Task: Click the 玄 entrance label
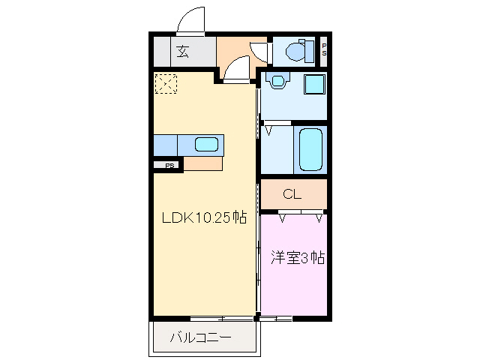click(183, 52)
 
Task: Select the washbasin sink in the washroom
click(277, 80)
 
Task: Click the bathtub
click(310, 148)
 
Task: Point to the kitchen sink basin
click(205, 145)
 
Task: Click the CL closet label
click(292, 195)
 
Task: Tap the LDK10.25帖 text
click(205, 218)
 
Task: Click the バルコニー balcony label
click(199, 338)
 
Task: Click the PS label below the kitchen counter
click(169, 166)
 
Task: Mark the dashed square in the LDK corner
click(166, 83)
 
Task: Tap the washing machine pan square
click(314, 83)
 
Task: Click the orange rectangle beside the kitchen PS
click(202, 163)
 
